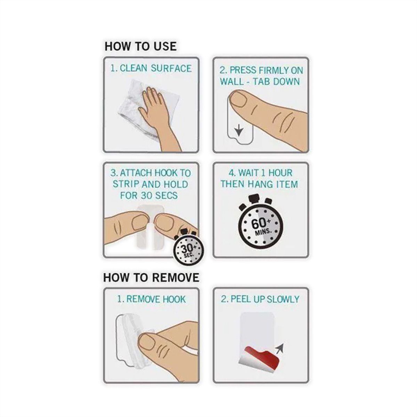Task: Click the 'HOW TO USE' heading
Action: pyautogui.click(x=140, y=47)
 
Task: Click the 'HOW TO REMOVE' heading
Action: pyautogui.click(x=151, y=278)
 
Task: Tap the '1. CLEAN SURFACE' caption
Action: pyautogui.click(x=151, y=68)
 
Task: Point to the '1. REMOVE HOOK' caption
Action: pyautogui.click(x=151, y=299)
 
